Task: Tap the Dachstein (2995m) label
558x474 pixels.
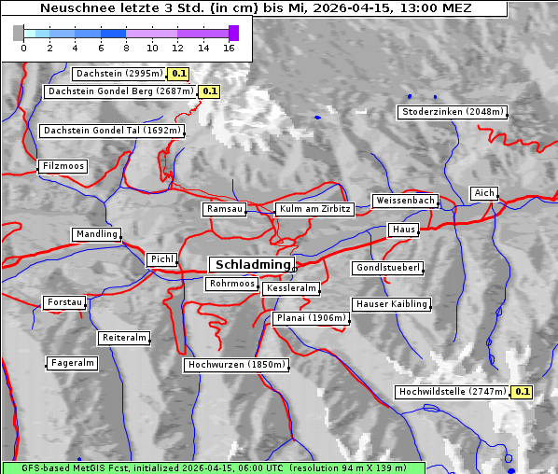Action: coord(118,73)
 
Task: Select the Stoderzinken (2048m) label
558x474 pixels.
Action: coord(452,112)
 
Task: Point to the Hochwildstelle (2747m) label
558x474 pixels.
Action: coord(453,392)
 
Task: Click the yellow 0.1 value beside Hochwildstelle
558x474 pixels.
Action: coord(523,392)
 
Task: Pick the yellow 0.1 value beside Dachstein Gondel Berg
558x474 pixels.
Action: coord(209,91)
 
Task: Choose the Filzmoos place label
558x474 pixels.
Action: coord(63,166)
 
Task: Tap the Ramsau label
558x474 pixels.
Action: coord(224,209)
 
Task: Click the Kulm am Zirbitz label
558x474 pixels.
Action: coord(314,209)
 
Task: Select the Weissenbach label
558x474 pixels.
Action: coord(404,201)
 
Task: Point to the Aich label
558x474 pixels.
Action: coord(484,193)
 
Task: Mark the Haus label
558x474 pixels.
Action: coord(403,230)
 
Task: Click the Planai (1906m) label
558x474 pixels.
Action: coord(311,318)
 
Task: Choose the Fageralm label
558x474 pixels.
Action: coord(72,363)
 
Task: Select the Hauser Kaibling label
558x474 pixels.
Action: coord(391,304)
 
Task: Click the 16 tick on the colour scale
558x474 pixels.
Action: coord(229,48)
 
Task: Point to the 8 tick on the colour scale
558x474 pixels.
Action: coord(126,48)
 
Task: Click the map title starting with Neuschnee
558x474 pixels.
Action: coord(255,8)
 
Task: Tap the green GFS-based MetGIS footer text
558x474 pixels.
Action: coord(213,467)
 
